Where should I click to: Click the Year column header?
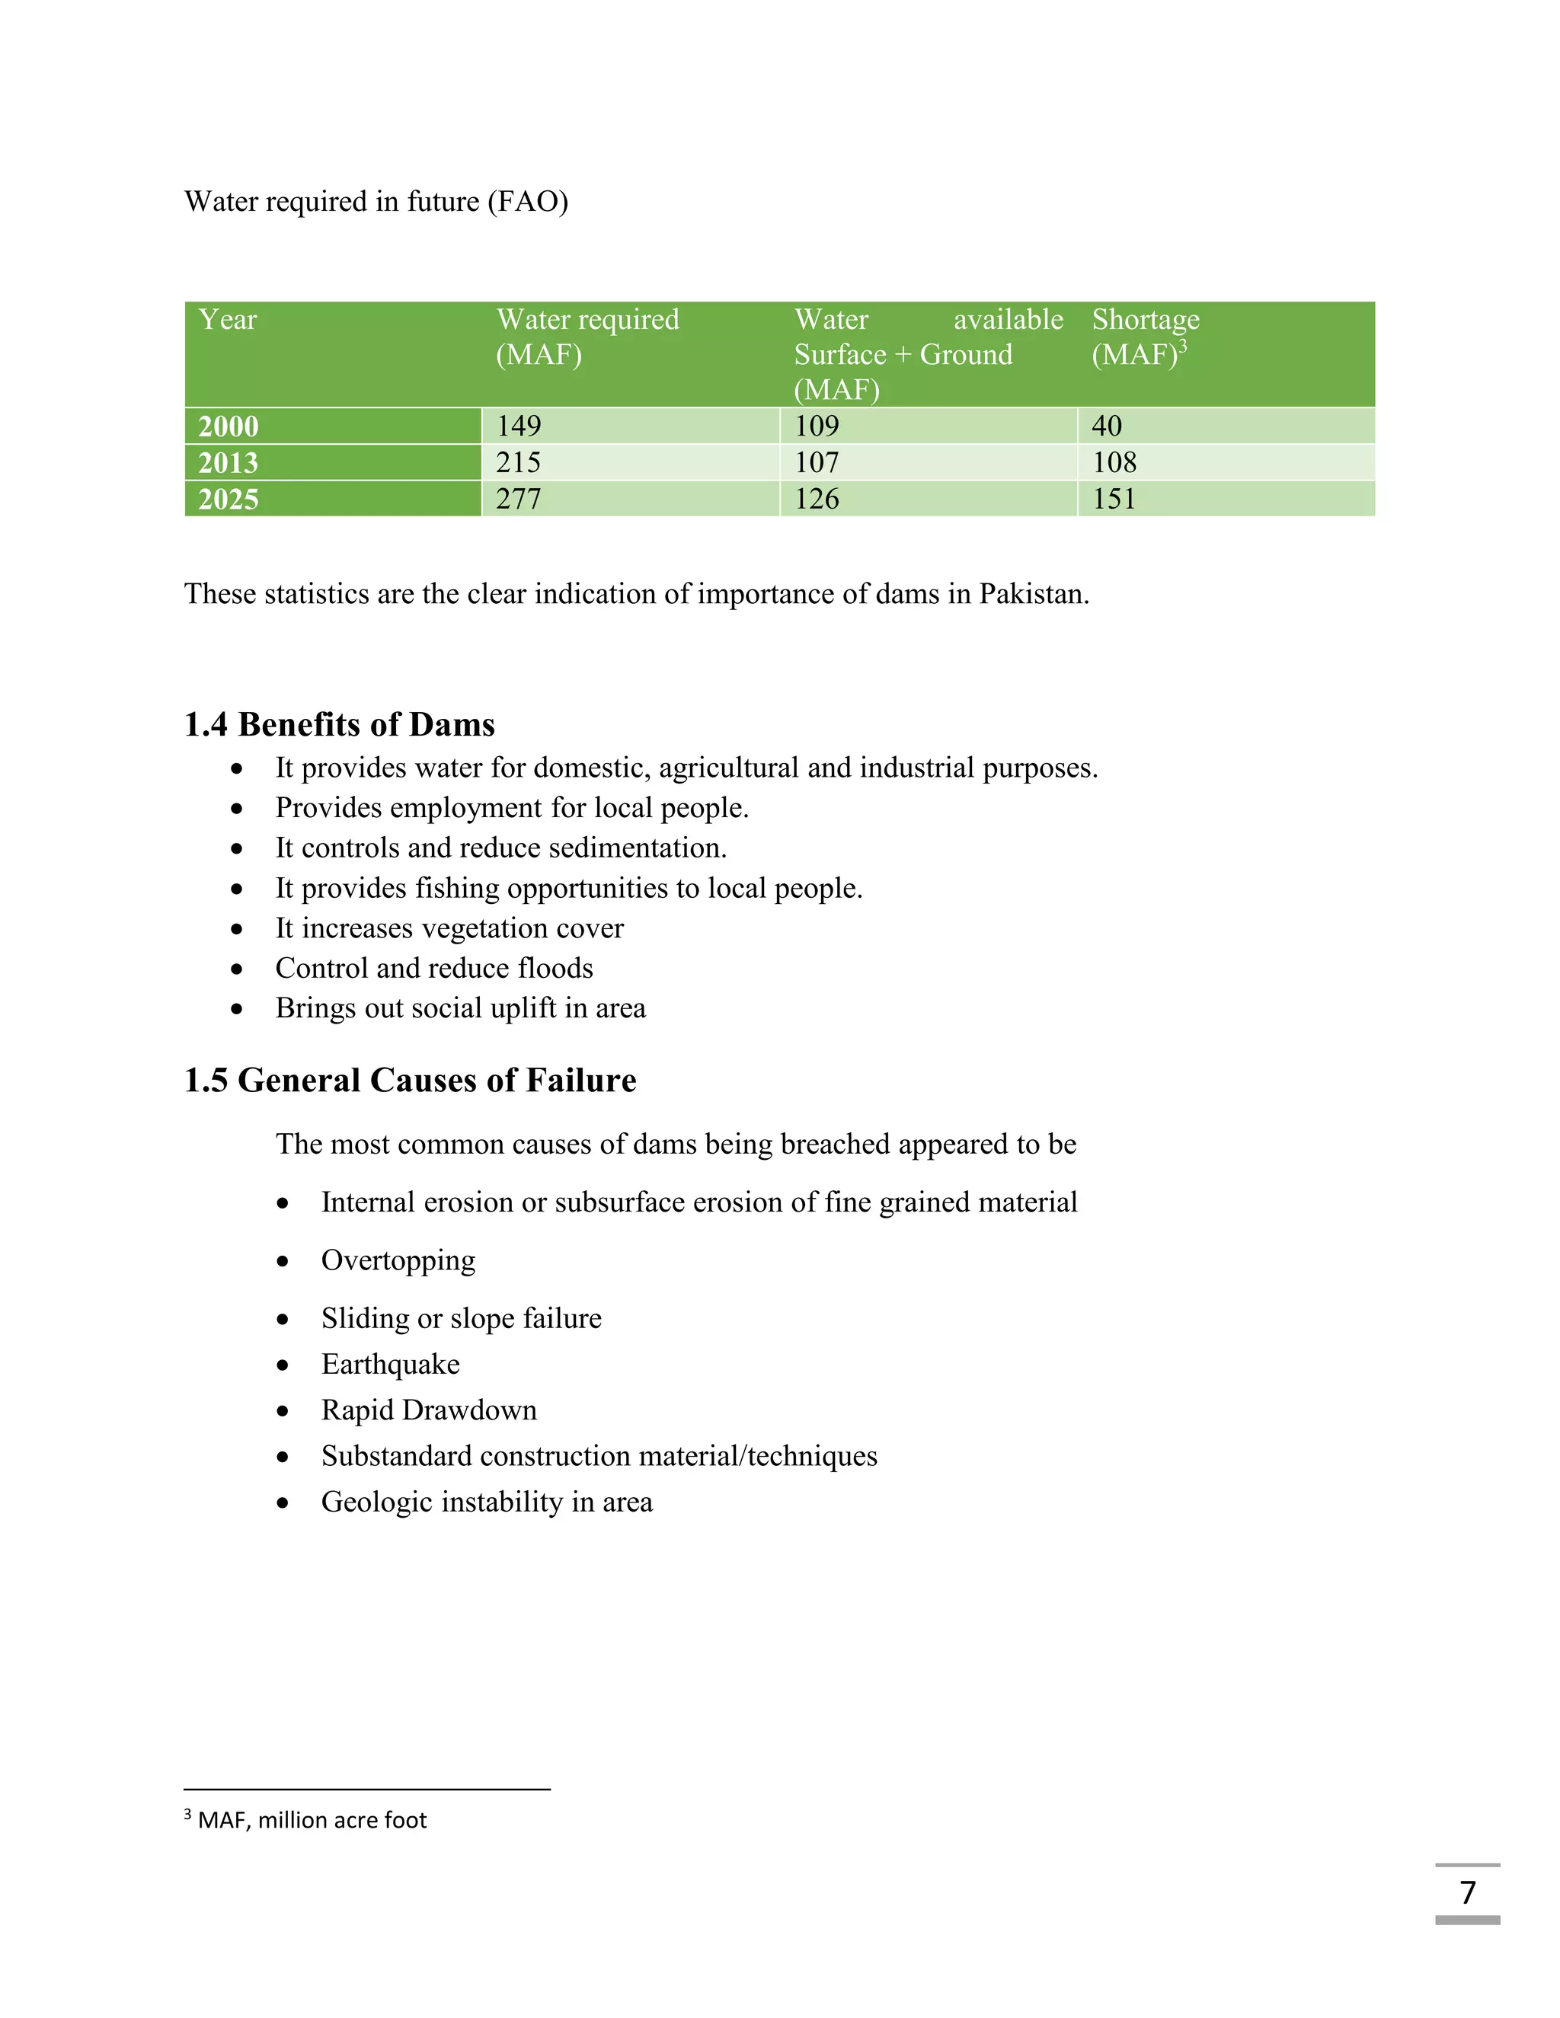pos(227,320)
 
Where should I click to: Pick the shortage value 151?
pos(1114,499)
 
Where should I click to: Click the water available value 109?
pos(817,426)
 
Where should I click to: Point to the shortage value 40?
pos(1106,426)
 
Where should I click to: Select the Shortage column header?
pos(1145,320)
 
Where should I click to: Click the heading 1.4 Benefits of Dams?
pos(339,724)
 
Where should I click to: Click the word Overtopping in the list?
pos(398,1260)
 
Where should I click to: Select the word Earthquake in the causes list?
pos(390,1365)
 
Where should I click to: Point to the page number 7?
pos(1468,1892)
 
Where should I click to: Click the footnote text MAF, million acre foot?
pos(312,1820)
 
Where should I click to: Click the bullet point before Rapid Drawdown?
pos(283,1412)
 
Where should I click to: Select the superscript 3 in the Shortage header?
pos(1183,346)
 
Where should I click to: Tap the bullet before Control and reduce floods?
pos(238,969)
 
